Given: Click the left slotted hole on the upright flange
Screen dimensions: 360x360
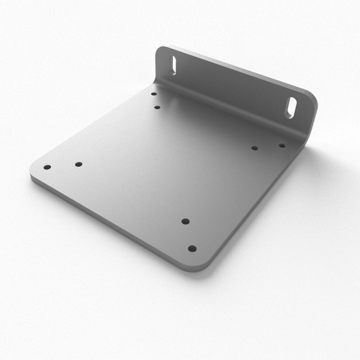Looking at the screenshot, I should [x=173, y=63].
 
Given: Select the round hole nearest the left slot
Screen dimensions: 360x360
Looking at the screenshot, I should [x=153, y=94].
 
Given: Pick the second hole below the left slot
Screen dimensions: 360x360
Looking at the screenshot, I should [x=157, y=107].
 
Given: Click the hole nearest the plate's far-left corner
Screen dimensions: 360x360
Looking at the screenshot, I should [x=47, y=167].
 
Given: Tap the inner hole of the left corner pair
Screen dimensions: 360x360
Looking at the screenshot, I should [x=78, y=164].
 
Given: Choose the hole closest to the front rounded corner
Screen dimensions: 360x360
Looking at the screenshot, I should [x=192, y=248].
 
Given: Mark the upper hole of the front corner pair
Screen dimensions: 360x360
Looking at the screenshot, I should [x=185, y=221].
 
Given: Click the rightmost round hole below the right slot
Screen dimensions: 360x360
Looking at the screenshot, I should [x=282, y=145].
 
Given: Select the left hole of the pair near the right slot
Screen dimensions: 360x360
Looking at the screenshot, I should [x=255, y=148].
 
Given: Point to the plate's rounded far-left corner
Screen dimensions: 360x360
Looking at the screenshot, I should [x=33, y=173].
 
